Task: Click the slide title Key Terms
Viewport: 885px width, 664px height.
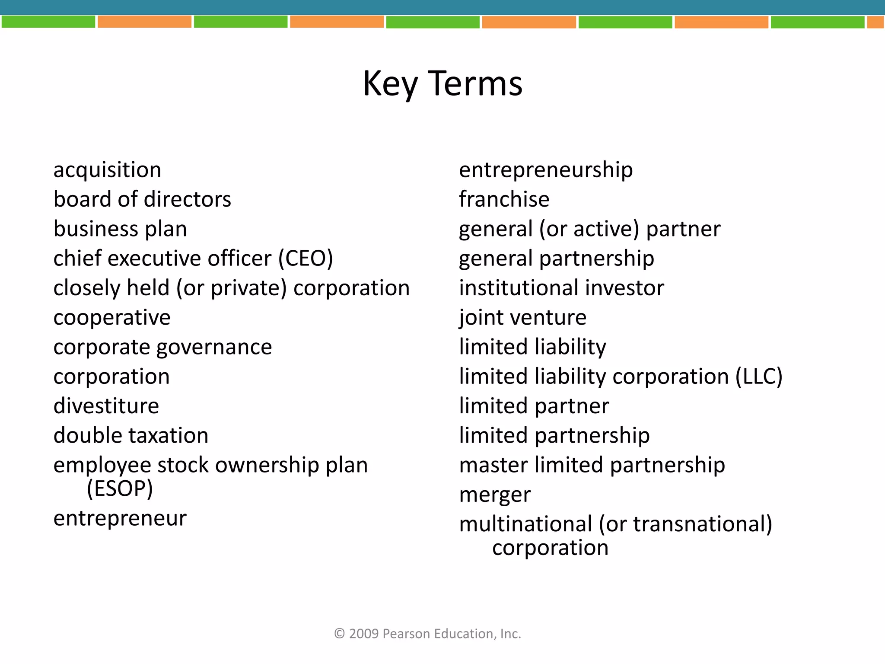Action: (x=442, y=83)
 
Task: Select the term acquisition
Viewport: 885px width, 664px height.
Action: (x=107, y=170)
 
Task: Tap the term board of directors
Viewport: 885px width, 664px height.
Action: (x=142, y=199)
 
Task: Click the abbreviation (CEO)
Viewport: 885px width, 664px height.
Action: (x=306, y=259)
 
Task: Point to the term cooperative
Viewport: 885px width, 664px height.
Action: (x=112, y=318)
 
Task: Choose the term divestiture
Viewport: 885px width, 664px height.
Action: (x=106, y=406)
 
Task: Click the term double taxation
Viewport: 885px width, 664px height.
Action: (x=131, y=436)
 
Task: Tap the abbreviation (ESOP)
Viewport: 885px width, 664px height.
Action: (x=120, y=489)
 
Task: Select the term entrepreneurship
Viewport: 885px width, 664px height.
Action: (x=546, y=170)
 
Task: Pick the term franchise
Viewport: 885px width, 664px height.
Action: (x=504, y=199)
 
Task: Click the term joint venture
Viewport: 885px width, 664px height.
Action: (x=522, y=318)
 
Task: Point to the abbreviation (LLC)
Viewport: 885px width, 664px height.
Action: (x=759, y=377)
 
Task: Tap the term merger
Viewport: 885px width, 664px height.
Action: (x=495, y=495)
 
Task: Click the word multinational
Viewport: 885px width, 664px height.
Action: (x=525, y=524)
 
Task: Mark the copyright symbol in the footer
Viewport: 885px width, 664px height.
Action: (x=340, y=634)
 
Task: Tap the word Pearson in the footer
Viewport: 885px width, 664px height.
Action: (x=406, y=634)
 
